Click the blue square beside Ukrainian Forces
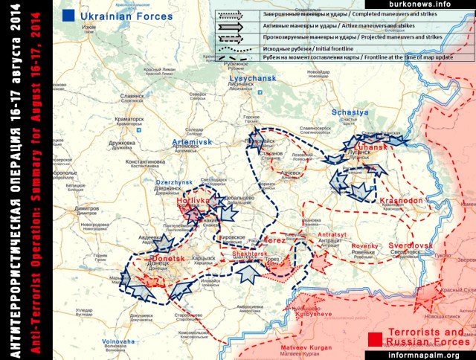68,14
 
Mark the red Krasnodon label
401,200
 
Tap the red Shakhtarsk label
250,254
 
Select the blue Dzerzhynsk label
174,182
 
